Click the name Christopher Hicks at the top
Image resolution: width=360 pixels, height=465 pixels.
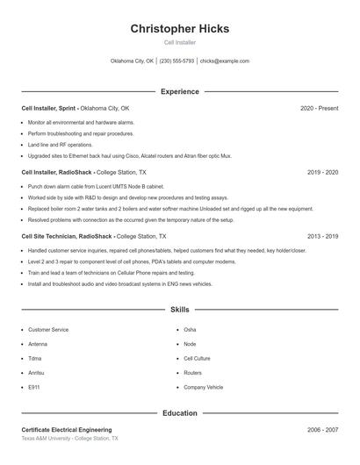point(180,28)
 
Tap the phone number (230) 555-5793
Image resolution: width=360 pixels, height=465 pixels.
point(176,61)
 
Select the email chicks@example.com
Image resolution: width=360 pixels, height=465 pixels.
point(225,61)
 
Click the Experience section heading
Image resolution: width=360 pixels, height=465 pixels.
point(180,91)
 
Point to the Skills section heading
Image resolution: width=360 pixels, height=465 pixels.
point(180,310)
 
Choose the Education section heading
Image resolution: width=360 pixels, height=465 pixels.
point(180,412)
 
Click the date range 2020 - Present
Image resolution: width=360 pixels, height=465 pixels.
point(319,108)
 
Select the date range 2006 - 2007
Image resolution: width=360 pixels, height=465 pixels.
point(322,430)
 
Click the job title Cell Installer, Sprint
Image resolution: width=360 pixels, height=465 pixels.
point(49,108)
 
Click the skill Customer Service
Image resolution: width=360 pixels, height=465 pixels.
point(48,329)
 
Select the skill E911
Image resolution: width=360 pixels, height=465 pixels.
point(34,386)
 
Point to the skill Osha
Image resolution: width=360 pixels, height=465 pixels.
point(190,329)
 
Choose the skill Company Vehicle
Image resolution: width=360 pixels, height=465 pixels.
point(204,386)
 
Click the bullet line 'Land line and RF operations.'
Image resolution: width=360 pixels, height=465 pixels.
point(60,144)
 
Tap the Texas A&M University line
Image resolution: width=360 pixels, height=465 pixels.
point(69,438)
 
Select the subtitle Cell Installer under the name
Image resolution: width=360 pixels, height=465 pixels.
point(180,42)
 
